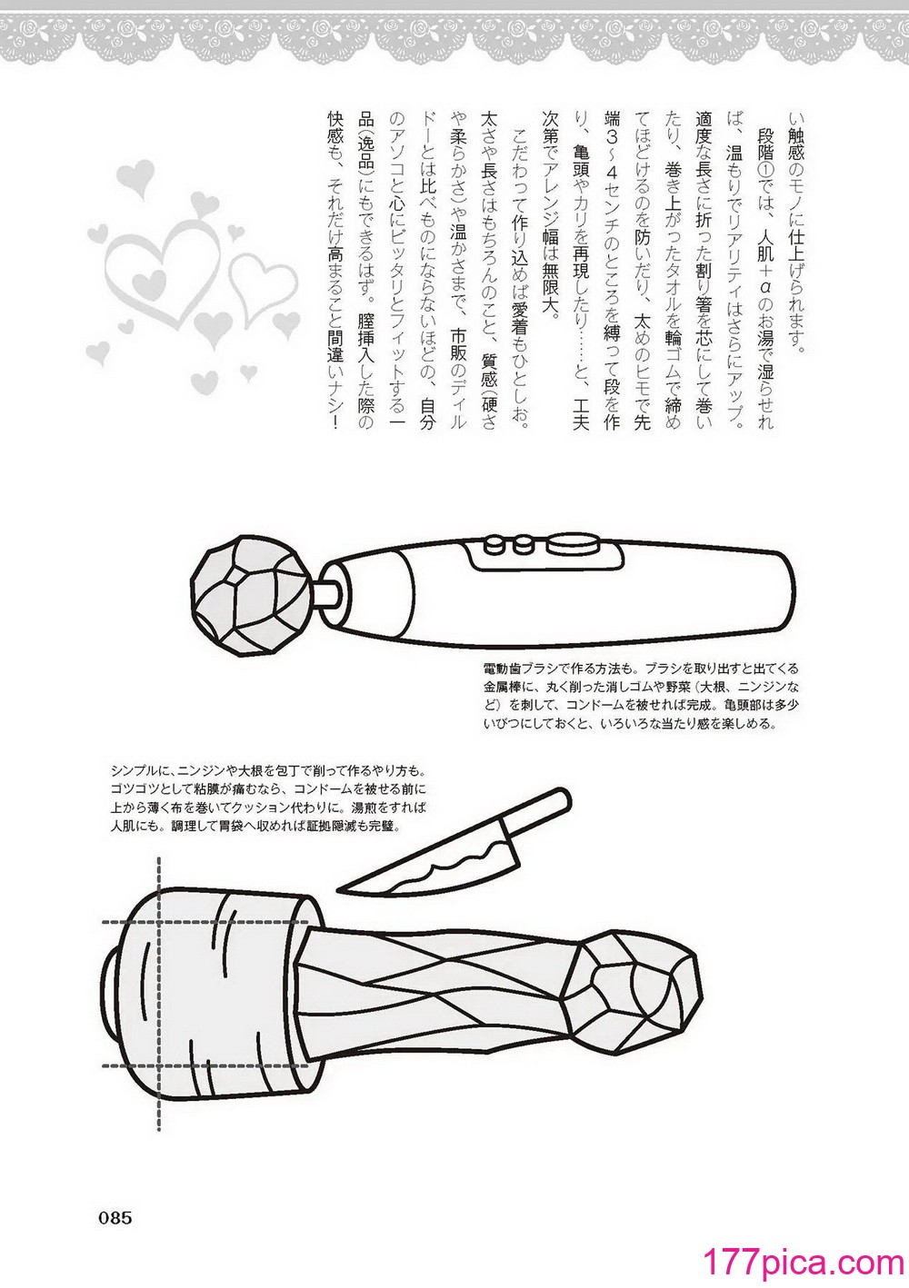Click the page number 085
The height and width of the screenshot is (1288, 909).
tap(115, 1217)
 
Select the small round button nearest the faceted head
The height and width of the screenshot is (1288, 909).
tap(494, 543)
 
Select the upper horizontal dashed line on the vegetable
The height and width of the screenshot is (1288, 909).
tap(205, 924)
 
